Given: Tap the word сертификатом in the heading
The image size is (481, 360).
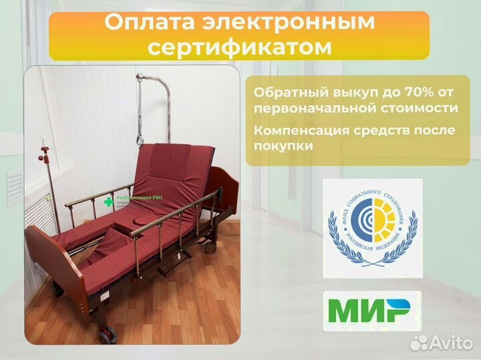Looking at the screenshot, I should pyautogui.click(x=239, y=47).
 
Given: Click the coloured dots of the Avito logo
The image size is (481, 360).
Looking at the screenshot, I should pyautogui.click(x=420, y=343).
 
